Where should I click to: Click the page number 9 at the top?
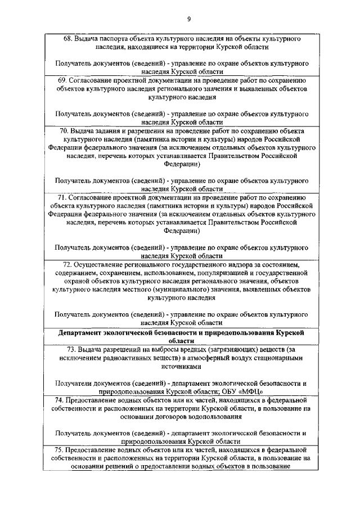click(x=189, y=19)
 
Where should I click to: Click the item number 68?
click(x=67, y=39)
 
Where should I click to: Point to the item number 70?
click(x=65, y=130)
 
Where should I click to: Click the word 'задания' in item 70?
click(x=111, y=130)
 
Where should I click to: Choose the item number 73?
click(x=68, y=349)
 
